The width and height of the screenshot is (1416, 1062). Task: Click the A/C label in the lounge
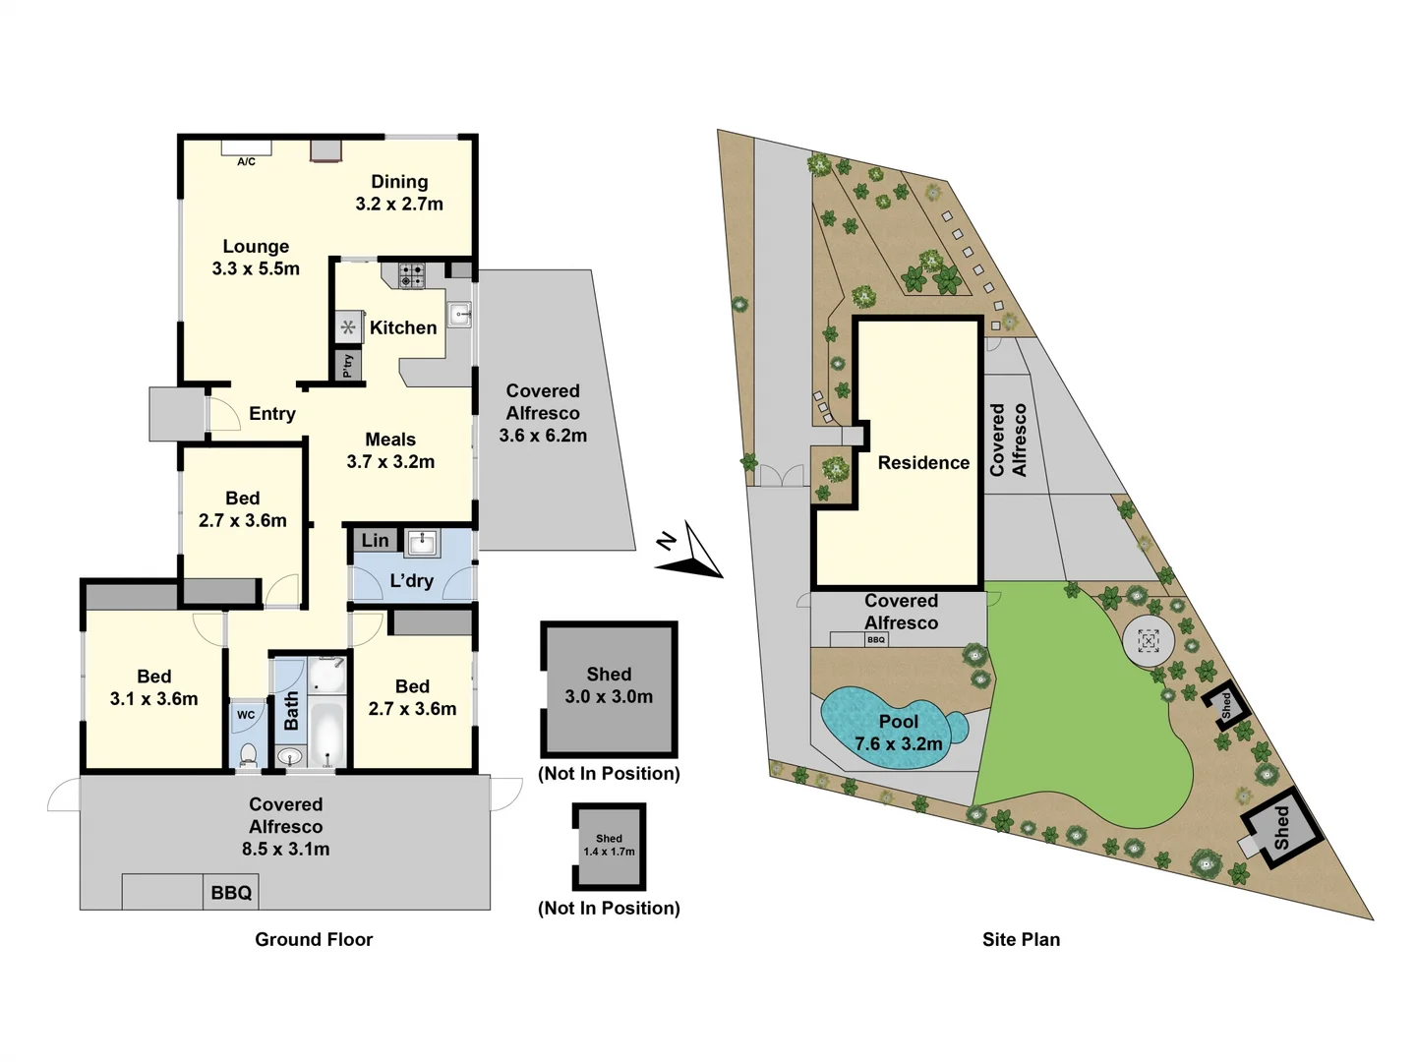click(x=246, y=161)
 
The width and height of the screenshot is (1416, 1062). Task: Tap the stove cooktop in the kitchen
click(x=412, y=275)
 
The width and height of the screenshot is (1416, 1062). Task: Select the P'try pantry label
click(x=348, y=366)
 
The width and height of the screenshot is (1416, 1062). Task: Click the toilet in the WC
click(x=248, y=755)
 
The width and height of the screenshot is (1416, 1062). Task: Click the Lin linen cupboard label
click(x=375, y=540)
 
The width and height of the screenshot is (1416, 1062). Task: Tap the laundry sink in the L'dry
click(x=423, y=542)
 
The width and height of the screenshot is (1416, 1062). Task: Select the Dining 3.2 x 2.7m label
click(x=399, y=193)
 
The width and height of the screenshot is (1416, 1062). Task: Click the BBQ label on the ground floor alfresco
click(x=231, y=893)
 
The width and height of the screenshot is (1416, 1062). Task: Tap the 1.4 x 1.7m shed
click(x=609, y=846)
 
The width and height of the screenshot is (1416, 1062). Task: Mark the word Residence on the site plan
click(x=923, y=463)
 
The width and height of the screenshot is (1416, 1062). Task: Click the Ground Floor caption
click(x=314, y=939)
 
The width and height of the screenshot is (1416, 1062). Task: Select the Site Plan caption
click(x=1021, y=939)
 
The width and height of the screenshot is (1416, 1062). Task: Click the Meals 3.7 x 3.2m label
click(x=390, y=450)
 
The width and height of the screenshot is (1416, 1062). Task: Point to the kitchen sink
click(x=459, y=315)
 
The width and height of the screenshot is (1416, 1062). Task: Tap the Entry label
click(x=271, y=414)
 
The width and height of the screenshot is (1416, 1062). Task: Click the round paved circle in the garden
click(x=1148, y=642)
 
